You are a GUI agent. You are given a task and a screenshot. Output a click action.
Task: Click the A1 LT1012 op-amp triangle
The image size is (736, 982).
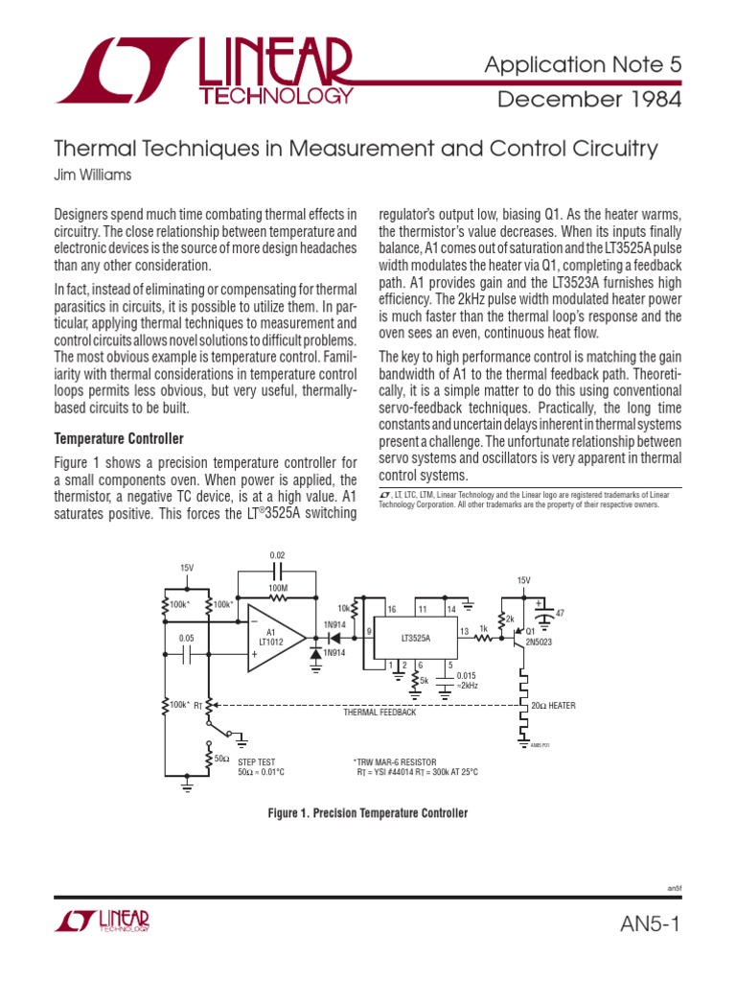[274, 637]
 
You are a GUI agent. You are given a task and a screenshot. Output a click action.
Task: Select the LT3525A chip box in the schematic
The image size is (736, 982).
[414, 636]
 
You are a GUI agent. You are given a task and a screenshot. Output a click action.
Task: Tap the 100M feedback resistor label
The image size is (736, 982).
[277, 586]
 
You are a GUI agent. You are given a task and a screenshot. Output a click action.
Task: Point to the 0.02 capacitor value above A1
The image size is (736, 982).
[277, 555]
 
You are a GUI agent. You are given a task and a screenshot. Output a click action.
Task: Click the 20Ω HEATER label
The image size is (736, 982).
[553, 706]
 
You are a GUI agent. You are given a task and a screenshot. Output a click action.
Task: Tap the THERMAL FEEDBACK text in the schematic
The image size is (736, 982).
[379, 713]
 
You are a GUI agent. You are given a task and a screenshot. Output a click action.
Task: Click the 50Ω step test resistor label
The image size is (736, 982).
[221, 759]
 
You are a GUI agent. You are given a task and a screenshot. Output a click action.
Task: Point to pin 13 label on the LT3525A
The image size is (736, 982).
[463, 631]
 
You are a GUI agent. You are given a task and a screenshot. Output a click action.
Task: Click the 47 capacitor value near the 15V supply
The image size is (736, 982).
[560, 612]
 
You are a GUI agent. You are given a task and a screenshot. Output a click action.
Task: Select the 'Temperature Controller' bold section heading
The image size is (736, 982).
[118, 438]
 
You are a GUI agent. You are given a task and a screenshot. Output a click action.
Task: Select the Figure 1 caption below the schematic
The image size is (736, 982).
[367, 813]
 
